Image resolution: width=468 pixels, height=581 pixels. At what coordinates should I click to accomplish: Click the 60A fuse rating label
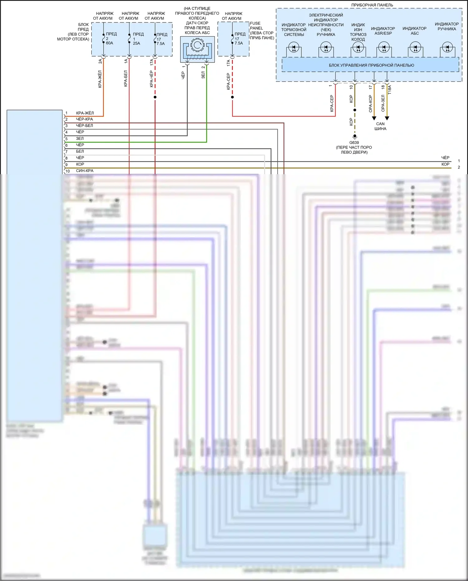point(110,43)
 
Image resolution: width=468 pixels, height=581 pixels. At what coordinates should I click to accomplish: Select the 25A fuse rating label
point(137,43)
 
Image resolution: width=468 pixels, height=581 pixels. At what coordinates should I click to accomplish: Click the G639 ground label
point(354,143)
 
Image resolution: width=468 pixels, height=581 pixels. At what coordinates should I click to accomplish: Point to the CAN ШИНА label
point(380,126)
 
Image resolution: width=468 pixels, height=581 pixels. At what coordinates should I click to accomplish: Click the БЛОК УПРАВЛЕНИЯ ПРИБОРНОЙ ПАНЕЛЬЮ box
point(371,65)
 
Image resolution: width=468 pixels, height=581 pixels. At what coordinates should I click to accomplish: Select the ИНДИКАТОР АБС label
point(414,31)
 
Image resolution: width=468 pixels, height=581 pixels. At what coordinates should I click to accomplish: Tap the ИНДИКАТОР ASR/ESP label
point(383,31)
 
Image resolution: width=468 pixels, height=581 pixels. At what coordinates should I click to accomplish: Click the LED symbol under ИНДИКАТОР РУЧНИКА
point(447,48)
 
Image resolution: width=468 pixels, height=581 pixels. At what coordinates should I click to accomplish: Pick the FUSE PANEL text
point(256,26)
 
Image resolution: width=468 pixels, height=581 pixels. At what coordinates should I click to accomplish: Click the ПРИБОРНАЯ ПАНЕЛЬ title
point(372,5)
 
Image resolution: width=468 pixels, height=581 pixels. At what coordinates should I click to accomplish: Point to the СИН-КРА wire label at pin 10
point(85,171)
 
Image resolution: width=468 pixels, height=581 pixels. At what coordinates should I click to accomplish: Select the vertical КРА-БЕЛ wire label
point(126,78)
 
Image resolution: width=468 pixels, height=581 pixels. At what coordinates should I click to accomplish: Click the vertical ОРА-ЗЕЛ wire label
point(383,103)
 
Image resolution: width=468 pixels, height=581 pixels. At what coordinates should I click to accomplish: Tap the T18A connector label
point(389,90)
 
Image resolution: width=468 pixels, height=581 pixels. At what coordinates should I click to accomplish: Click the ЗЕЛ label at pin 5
point(80,138)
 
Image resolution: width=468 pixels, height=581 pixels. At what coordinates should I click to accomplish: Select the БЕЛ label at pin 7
point(80,151)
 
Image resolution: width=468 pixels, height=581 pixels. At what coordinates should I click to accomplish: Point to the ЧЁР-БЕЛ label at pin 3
point(84,126)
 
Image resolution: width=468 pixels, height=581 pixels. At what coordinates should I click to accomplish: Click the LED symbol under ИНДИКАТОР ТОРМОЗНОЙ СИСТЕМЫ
point(294,48)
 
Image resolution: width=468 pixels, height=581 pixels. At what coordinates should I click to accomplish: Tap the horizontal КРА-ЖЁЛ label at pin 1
point(85,113)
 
